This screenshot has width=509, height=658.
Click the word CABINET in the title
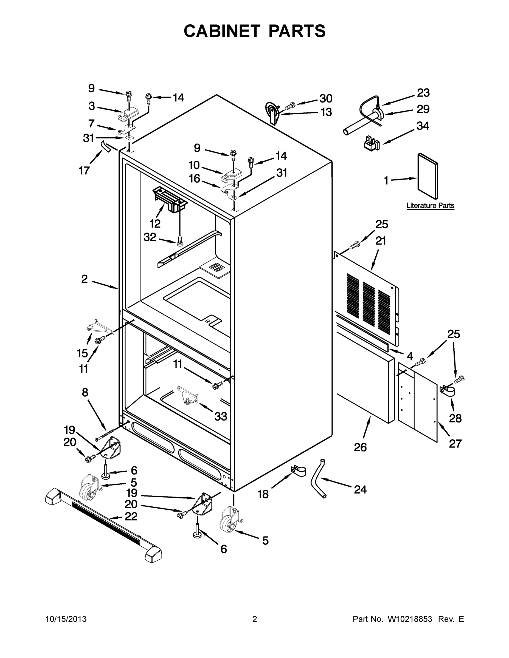click(222, 31)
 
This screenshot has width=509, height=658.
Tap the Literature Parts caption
click(430, 205)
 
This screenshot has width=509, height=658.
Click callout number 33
click(220, 417)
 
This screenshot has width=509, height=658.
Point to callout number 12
click(155, 223)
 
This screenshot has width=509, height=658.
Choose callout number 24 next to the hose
click(360, 490)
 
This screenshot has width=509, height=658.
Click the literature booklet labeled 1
click(428, 176)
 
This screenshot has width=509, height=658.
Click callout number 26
click(360, 447)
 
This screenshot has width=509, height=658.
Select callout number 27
click(455, 444)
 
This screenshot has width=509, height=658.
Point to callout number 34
click(423, 126)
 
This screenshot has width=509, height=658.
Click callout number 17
click(84, 171)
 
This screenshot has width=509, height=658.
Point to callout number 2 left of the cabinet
click(85, 279)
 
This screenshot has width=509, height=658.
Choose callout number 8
click(85, 392)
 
